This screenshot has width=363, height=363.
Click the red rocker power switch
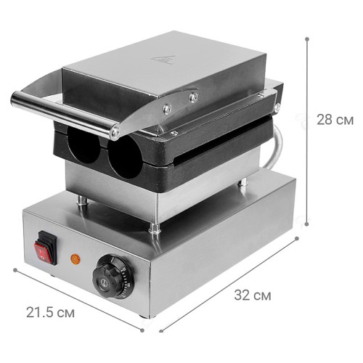point(45,245)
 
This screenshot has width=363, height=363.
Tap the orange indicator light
point(73,257)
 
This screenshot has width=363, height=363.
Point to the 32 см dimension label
point(253,295)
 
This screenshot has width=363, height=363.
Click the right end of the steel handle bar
point(114,133)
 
